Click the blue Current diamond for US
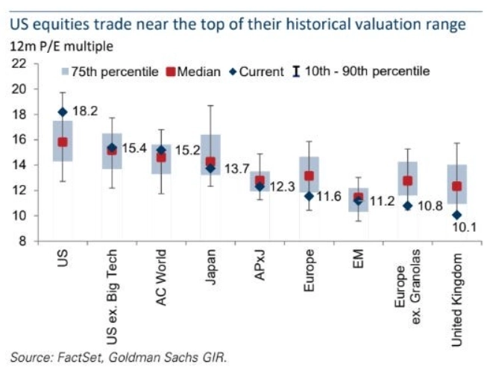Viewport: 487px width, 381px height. point(63,112)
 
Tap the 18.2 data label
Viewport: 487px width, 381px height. point(84,112)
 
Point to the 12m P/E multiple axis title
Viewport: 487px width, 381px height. point(61,46)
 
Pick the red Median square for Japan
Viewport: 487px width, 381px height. point(210,162)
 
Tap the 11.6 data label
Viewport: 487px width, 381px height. point(329,197)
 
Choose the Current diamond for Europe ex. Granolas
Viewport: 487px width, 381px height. point(408,206)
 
